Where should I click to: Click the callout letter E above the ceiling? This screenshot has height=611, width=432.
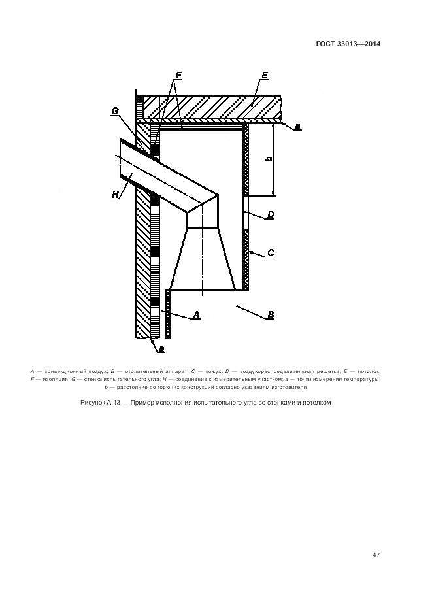click(x=264, y=76)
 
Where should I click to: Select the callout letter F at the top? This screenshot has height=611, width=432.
click(x=178, y=76)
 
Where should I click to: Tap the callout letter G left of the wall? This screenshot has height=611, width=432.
click(x=115, y=111)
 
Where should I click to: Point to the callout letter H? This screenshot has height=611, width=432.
click(x=116, y=194)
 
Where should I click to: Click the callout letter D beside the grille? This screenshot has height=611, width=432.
click(x=270, y=214)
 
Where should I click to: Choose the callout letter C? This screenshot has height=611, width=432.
click(x=270, y=252)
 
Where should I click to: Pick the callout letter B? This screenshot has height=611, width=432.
click(x=270, y=315)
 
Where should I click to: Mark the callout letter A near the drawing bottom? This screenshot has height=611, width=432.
click(x=195, y=316)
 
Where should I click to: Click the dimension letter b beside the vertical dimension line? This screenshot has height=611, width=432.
click(x=269, y=159)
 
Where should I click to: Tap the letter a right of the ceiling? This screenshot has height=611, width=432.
click(x=298, y=127)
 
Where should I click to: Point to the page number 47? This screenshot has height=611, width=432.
click(x=376, y=555)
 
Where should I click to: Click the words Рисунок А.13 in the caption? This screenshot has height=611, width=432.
click(x=100, y=403)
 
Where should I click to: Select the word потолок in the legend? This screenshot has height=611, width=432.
click(x=368, y=371)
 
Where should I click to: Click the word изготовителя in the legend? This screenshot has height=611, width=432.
click(x=286, y=387)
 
